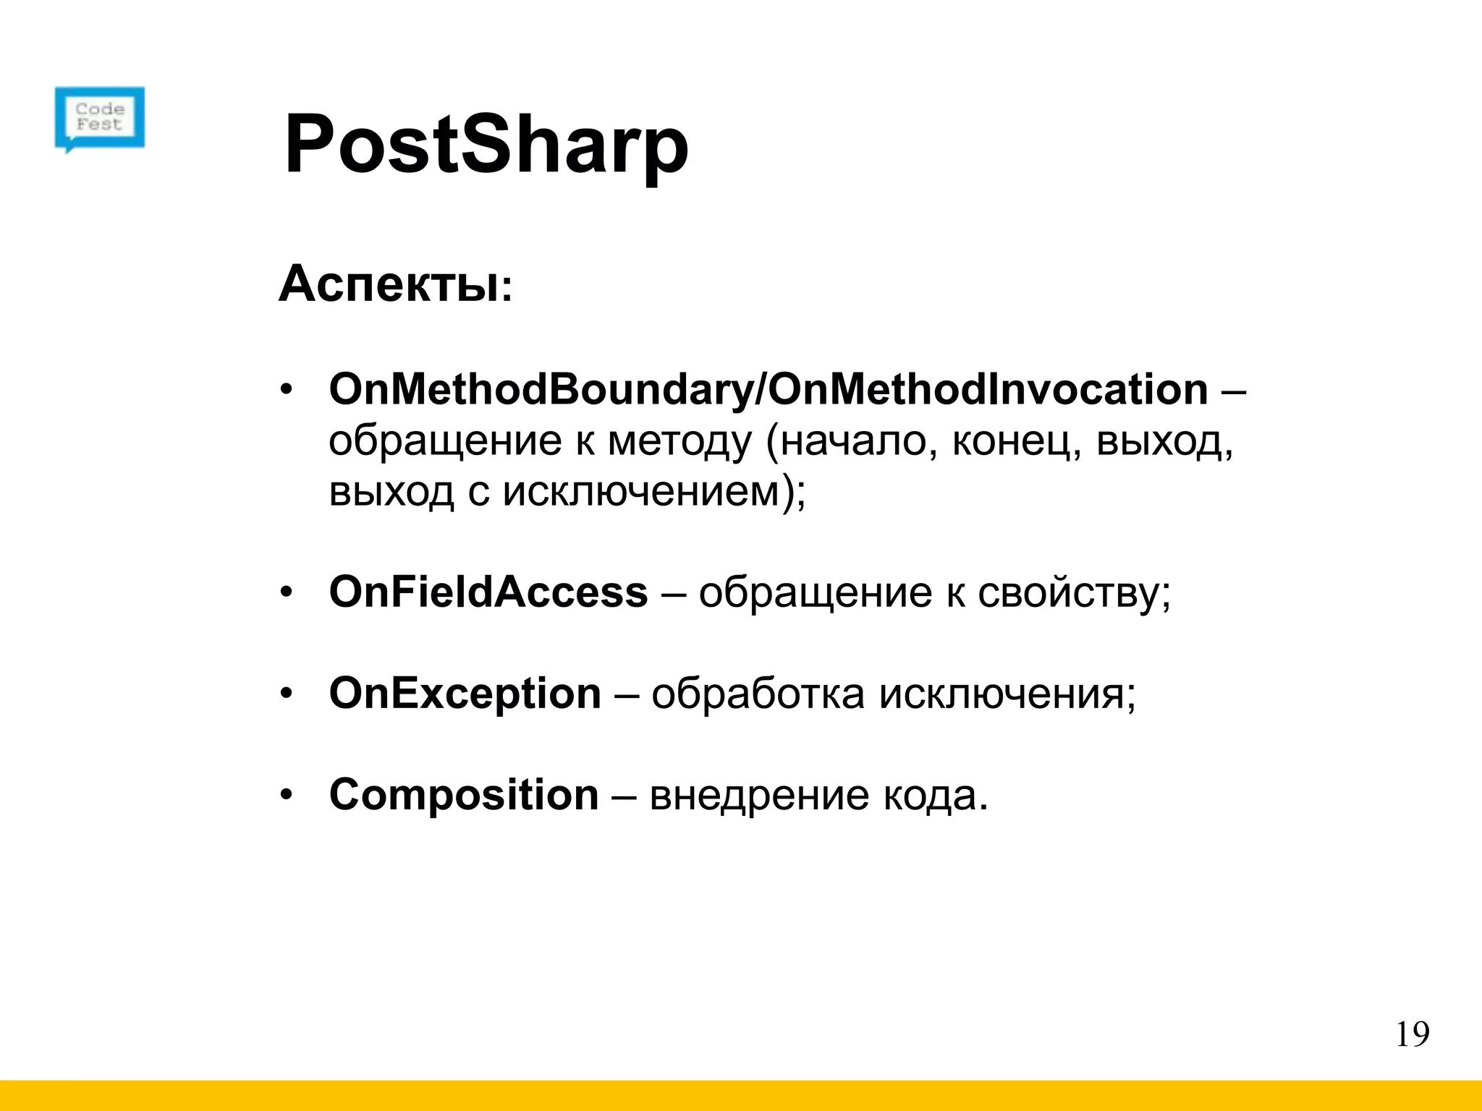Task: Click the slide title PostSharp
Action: click(x=486, y=146)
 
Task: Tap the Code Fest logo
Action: click(x=100, y=118)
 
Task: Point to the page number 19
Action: click(x=1412, y=1034)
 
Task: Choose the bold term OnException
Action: click(x=465, y=693)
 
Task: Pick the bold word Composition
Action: click(x=464, y=794)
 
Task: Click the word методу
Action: click(x=680, y=441)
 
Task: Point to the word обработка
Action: click(x=758, y=694)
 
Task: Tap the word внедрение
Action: click(x=759, y=796)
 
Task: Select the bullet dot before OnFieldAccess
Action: click(x=287, y=593)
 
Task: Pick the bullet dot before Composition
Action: click(x=287, y=796)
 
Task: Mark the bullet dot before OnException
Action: click(x=287, y=694)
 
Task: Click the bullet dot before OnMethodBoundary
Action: click(x=287, y=391)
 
